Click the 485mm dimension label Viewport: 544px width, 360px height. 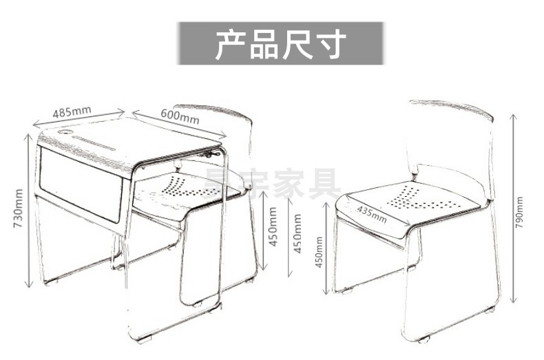pyautogui.click(x=72, y=110)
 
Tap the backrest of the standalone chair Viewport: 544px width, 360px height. pyautogui.click(x=450, y=138)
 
